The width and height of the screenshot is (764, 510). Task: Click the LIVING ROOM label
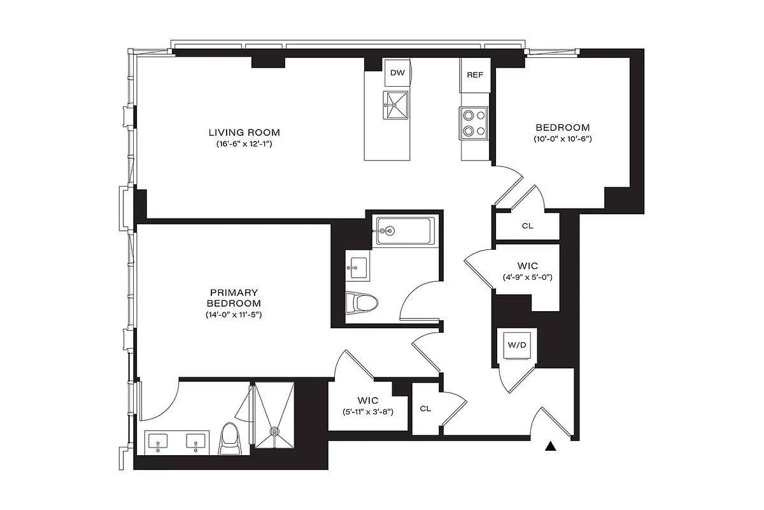point(244,132)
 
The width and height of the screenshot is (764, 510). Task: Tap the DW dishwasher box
point(397,73)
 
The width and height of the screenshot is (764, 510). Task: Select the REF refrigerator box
point(475,75)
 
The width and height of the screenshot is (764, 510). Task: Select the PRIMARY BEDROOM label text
point(234,297)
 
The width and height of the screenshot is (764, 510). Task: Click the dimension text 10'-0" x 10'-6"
point(563,139)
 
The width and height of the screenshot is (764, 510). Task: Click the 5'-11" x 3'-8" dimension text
point(367,412)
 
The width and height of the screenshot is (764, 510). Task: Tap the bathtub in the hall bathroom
point(405,230)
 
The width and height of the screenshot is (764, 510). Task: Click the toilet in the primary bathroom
point(230,440)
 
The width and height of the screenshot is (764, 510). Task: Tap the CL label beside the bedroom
point(527,226)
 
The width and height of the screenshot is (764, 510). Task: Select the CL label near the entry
point(425,409)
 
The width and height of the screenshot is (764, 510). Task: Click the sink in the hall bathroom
point(357,267)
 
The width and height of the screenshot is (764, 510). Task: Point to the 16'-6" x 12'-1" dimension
point(244,144)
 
